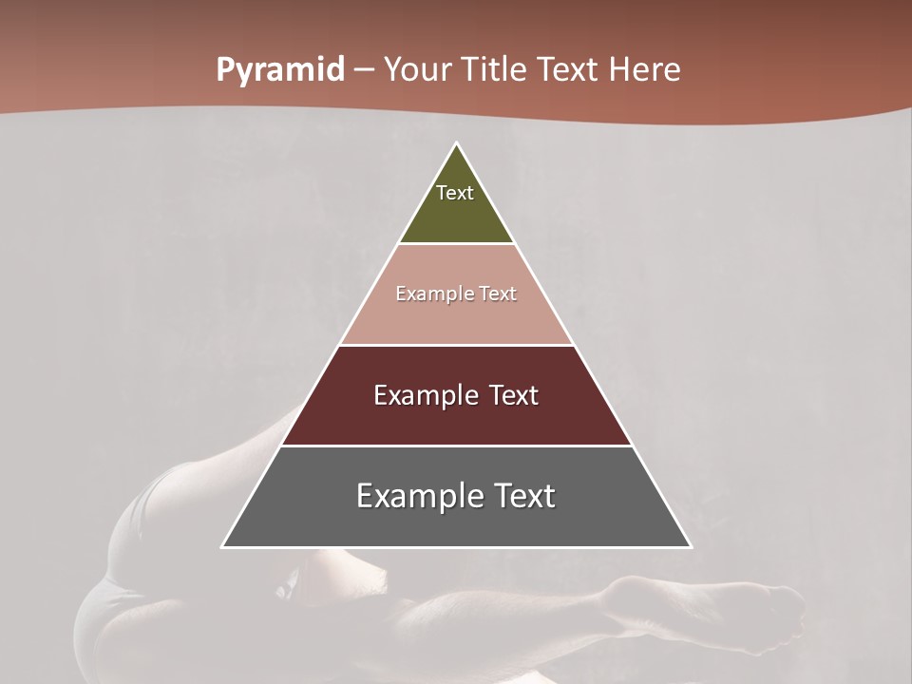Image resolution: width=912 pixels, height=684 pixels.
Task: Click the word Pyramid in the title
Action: tap(279, 70)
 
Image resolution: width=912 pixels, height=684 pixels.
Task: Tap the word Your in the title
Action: tap(417, 70)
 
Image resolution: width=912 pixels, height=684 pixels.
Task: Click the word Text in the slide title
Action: tap(568, 70)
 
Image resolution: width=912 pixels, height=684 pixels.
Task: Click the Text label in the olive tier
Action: tap(455, 193)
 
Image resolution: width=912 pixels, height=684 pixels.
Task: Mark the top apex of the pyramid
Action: tap(456, 144)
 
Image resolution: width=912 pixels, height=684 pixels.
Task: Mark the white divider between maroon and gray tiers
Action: tap(456, 446)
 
